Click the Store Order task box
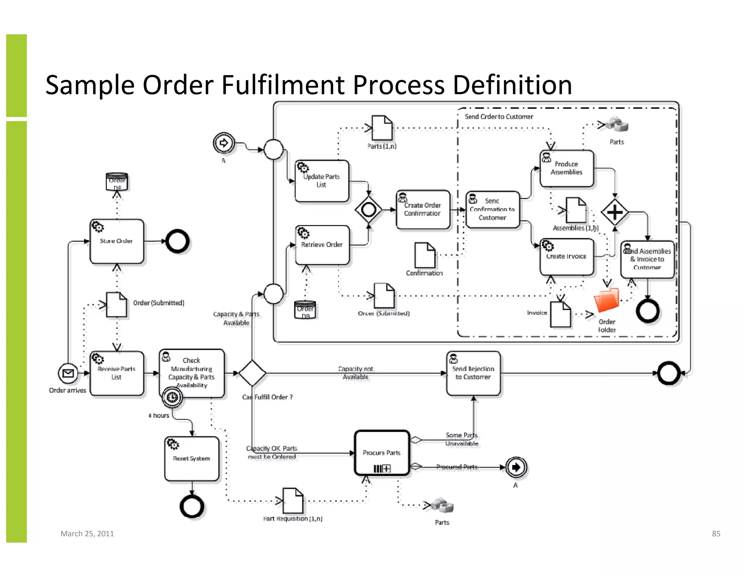click(x=116, y=241)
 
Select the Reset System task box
click(x=192, y=458)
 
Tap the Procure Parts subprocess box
click(x=382, y=453)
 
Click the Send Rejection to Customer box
click(x=473, y=373)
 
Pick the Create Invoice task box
click(x=566, y=257)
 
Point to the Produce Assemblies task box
click(x=566, y=168)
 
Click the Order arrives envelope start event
click(x=68, y=373)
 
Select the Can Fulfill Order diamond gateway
click(x=252, y=373)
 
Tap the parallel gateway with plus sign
click(x=614, y=212)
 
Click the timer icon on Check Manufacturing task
click(x=172, y=397)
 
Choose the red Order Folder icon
click(x=606, y=300)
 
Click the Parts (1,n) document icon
click(x=382, y=128)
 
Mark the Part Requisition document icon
click(x=293, y=501)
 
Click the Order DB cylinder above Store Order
click(x=117, y=182)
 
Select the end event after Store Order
click(x=178, y=241)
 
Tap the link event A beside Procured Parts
click(x=516, y=467)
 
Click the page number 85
click(x=716, y=533)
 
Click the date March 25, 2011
click(x=87, y=533)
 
